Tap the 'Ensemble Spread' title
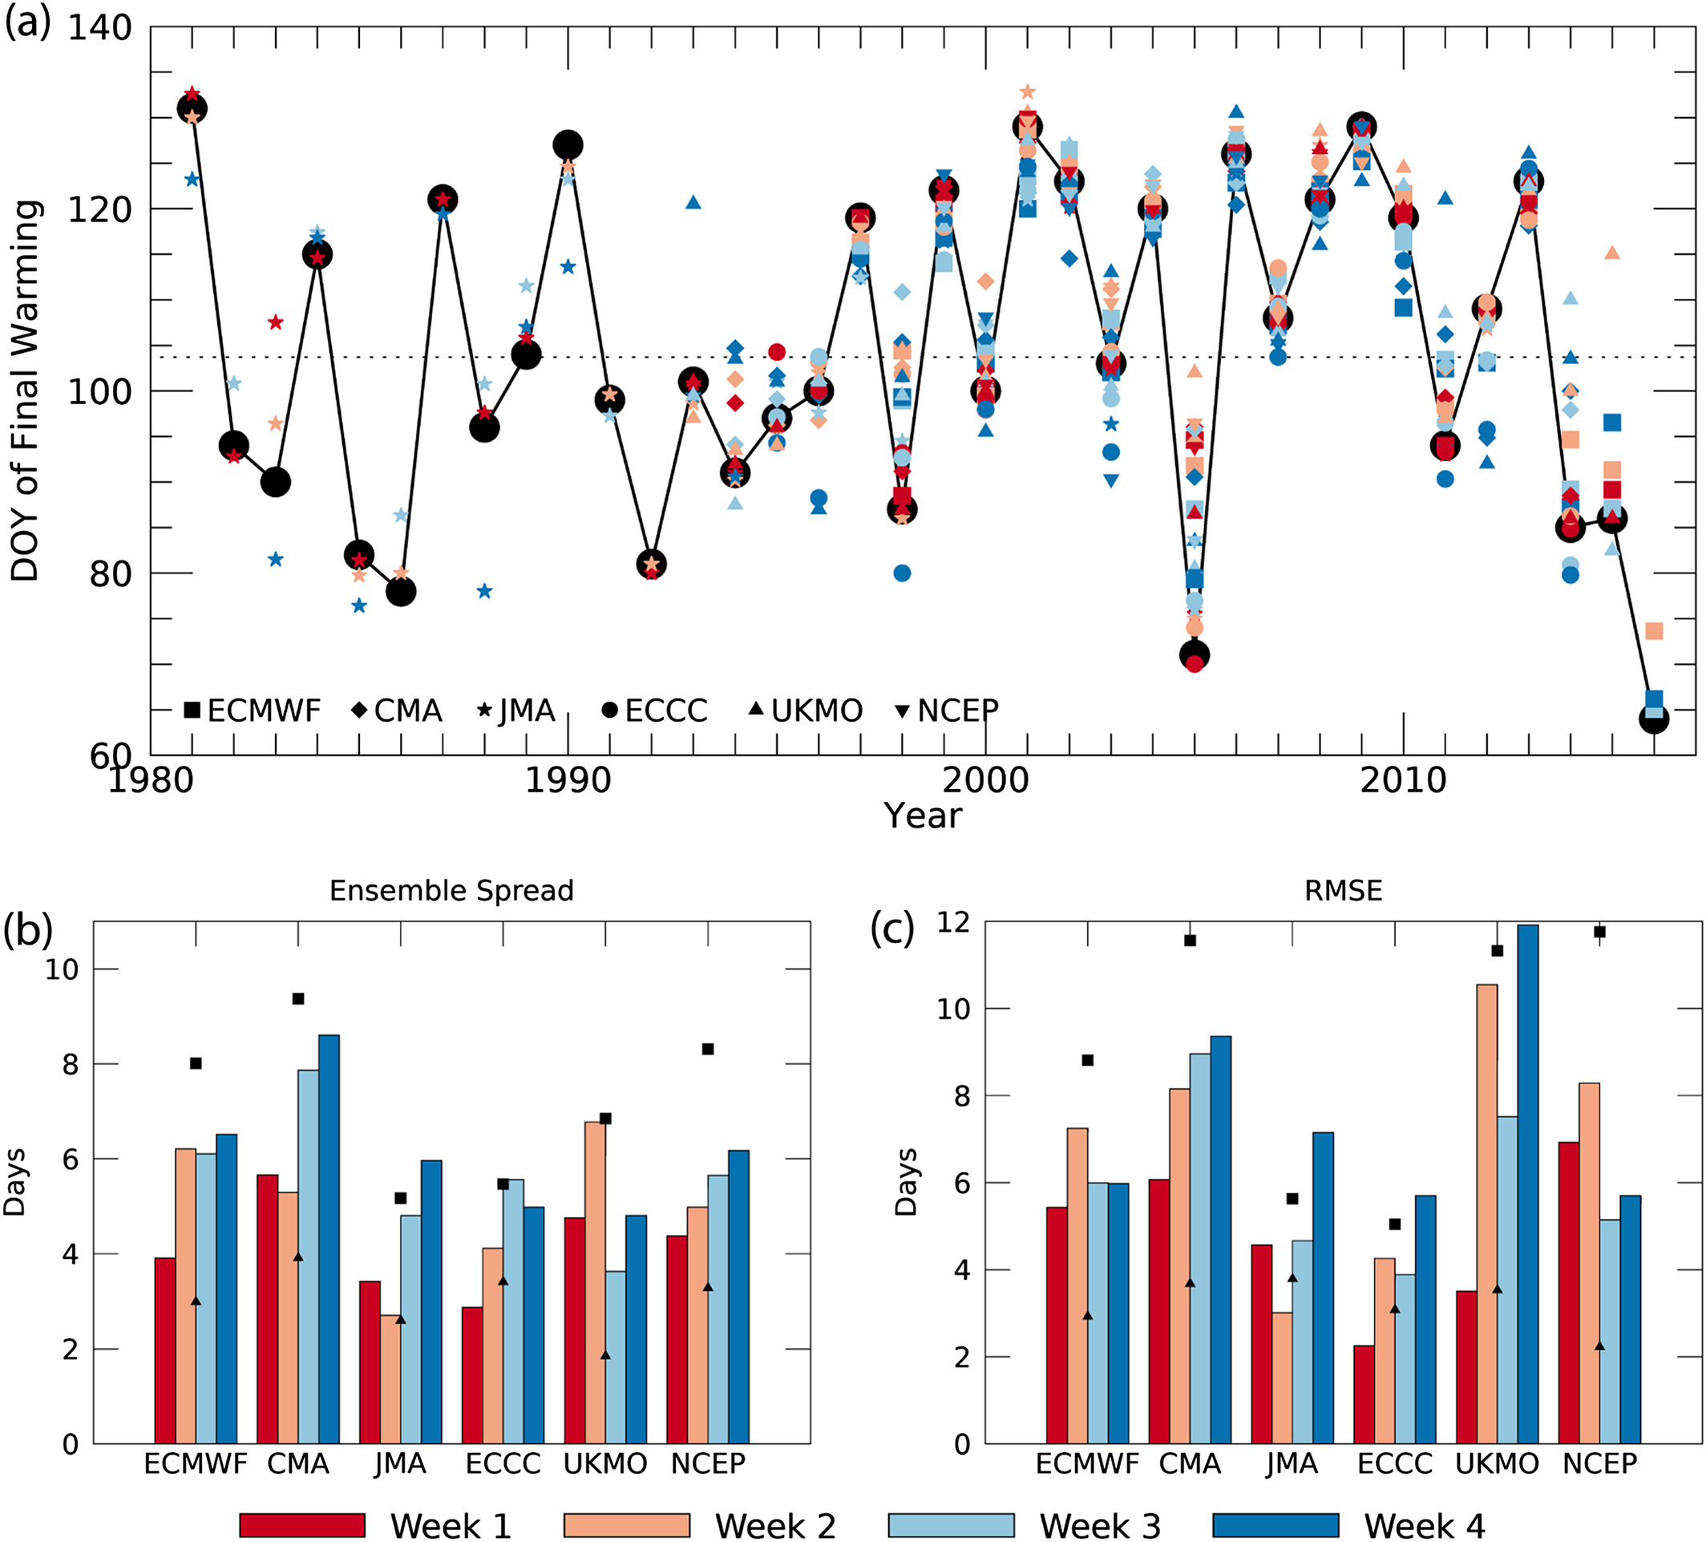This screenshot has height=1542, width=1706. pos(451,890)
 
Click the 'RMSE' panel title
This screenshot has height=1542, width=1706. pos(1343,890)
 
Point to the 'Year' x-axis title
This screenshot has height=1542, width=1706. pos(923,816)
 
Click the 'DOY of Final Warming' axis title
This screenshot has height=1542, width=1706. pos(26,391)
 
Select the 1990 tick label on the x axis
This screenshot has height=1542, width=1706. pos(568,780)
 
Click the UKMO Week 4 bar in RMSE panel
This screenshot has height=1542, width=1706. pos(1527,1185)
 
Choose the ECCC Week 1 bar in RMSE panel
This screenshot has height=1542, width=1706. pos(1363,1394)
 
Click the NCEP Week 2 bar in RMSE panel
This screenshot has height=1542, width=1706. pos(1588,1264)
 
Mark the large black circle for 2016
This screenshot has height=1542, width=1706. pos(1654,719)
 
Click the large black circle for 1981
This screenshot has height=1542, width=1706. pos(192,108)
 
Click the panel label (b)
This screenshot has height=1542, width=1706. pos(27,929)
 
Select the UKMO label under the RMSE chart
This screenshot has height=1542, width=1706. pos(1496,1463)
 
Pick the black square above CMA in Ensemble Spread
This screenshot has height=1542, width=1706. pos(298,998)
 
